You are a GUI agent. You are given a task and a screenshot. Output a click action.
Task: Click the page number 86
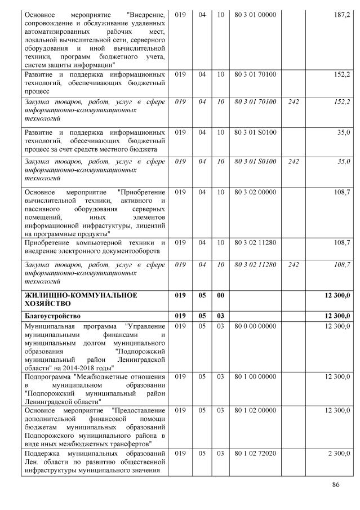coord(336,485)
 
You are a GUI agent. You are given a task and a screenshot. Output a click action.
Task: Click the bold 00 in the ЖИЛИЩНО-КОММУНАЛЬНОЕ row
coord(221,295)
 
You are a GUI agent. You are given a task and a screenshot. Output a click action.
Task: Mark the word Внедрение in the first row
coord(146,14)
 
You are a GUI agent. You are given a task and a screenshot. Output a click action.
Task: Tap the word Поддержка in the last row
coord(44,453)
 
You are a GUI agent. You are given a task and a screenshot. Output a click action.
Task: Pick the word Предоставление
coord(139,410)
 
